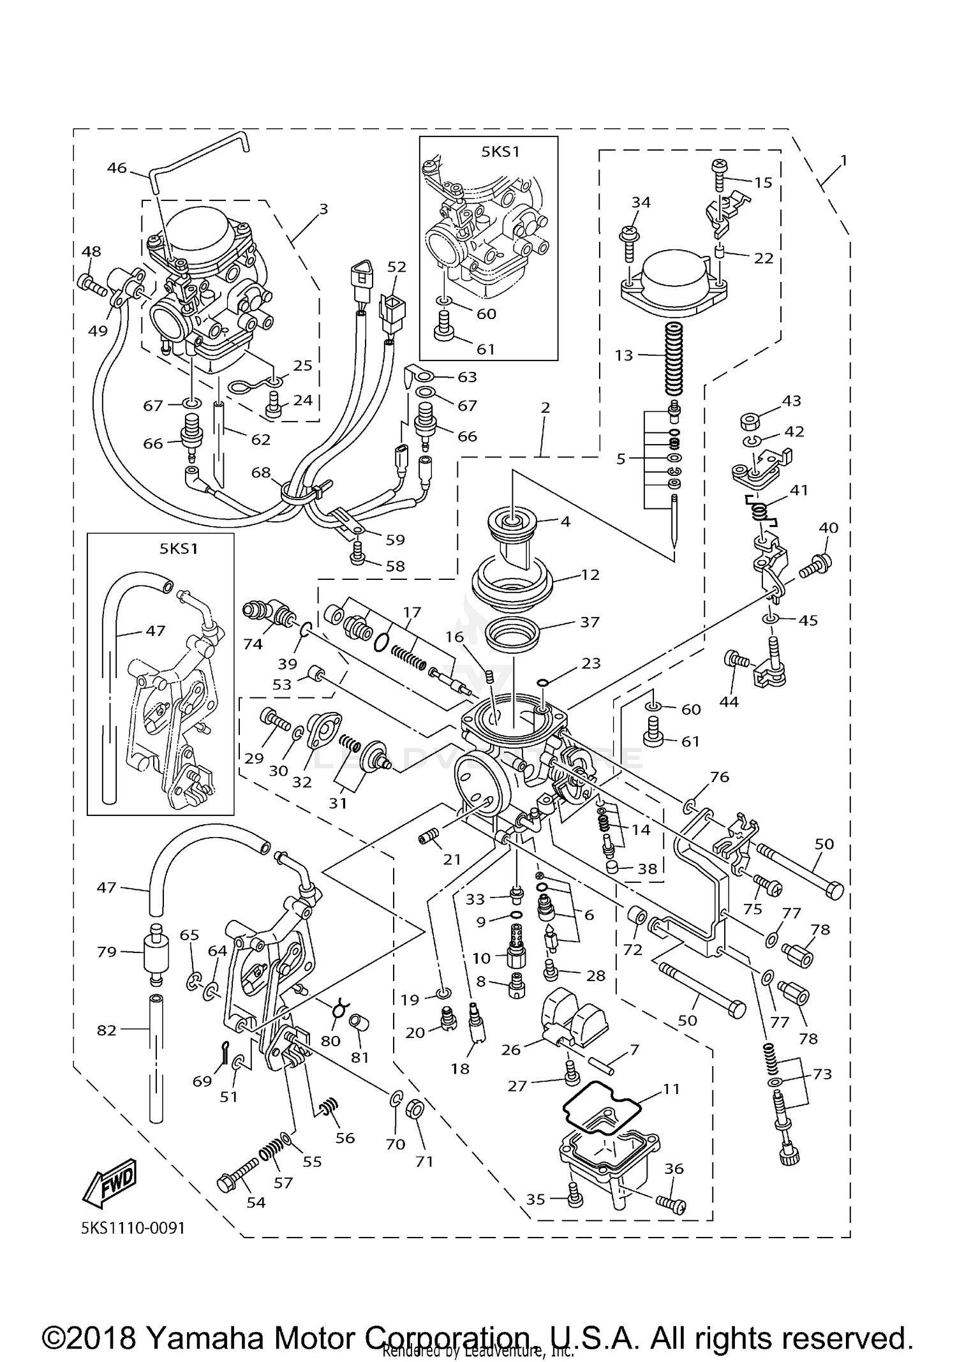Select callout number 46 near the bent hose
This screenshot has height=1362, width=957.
tap(117, 168)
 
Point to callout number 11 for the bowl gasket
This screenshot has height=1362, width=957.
tap(671, 1088)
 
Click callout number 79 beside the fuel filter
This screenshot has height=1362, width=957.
tap(107, 951)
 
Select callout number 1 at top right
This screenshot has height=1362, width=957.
tap(843, 160)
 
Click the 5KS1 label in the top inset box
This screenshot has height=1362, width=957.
tap(501, 152)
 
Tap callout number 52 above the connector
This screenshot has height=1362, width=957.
tap(397, 266)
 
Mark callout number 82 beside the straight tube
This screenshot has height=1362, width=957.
tap(107, 1030)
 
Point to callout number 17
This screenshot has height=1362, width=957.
tap(412, 612)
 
